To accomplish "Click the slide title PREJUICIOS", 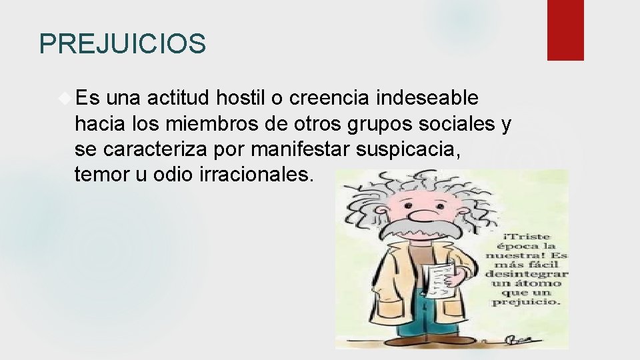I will tap(123, 44).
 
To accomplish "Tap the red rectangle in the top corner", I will tap(565, 30).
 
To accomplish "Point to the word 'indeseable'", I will tap(427, 98).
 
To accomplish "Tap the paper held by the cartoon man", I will tap(439, 280).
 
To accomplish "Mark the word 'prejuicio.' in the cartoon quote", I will tap(527, 302).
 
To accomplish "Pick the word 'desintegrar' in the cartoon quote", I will tap(527, 273).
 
